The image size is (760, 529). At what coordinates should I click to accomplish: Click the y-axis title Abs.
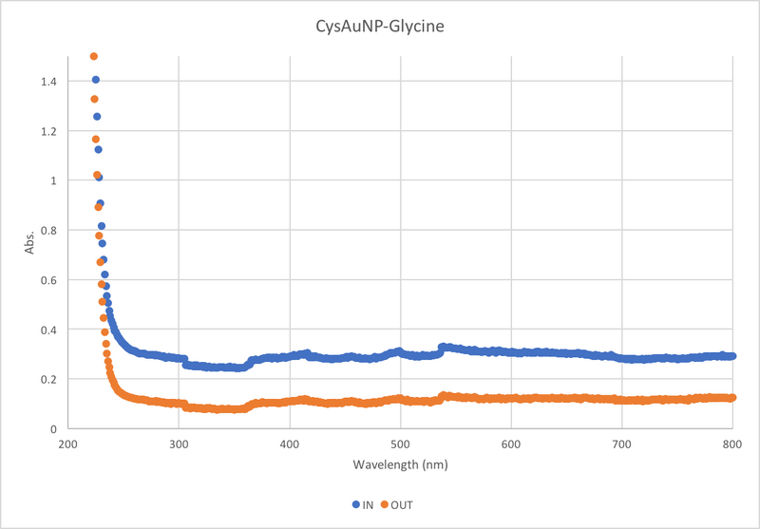pos(30,242)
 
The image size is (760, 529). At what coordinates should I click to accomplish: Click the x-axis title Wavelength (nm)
pos(400,466)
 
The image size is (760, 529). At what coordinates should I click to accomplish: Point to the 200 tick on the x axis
pos(67,443)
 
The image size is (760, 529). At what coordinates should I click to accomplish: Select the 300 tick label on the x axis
pos(179,443)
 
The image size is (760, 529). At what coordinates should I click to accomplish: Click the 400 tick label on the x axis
pos(289,443)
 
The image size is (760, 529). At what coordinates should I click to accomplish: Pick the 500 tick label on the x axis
pos(400,443)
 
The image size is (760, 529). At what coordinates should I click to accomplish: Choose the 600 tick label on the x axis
pos(511,443)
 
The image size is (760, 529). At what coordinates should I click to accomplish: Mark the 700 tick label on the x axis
pos(621,443)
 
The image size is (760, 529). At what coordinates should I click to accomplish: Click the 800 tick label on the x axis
pos(732,443)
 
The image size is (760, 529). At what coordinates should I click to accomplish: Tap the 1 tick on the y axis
pos(51,180)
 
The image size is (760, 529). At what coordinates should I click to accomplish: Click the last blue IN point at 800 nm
pos(732,356)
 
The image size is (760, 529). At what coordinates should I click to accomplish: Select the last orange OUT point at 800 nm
pos(732,398)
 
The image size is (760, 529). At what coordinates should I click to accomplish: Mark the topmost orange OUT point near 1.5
pos(93,56)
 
